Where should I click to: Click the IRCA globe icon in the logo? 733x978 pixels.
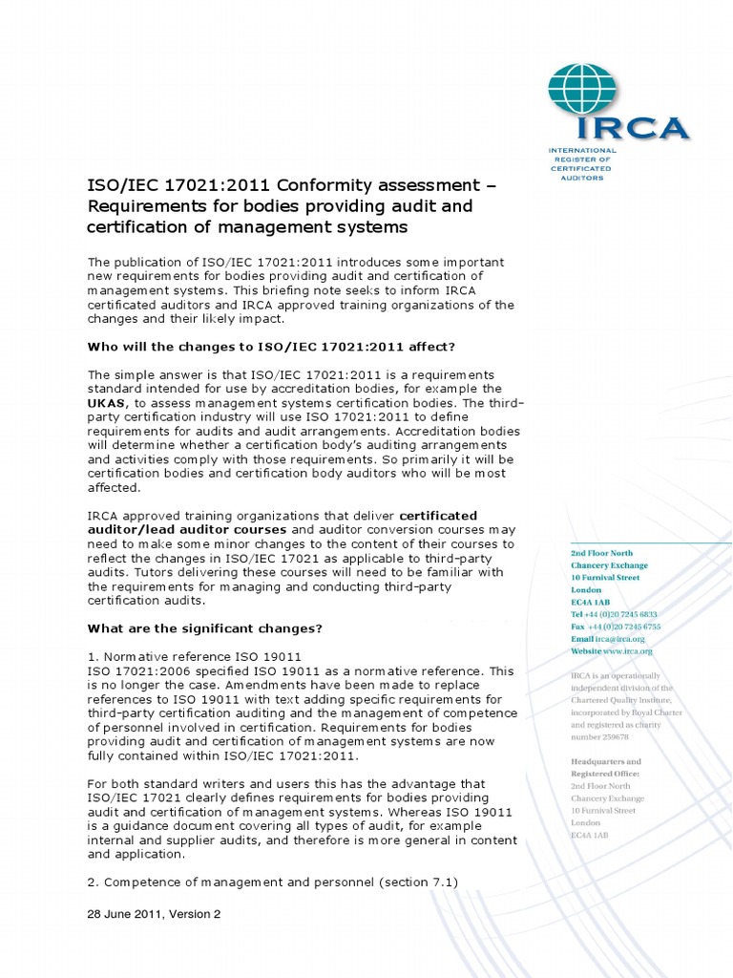[582, 93]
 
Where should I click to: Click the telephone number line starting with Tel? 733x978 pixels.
[614, 614]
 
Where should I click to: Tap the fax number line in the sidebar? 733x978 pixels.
[615, 627]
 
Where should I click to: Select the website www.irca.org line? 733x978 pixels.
[612, 651]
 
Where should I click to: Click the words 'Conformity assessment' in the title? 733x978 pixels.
[328, 184]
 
